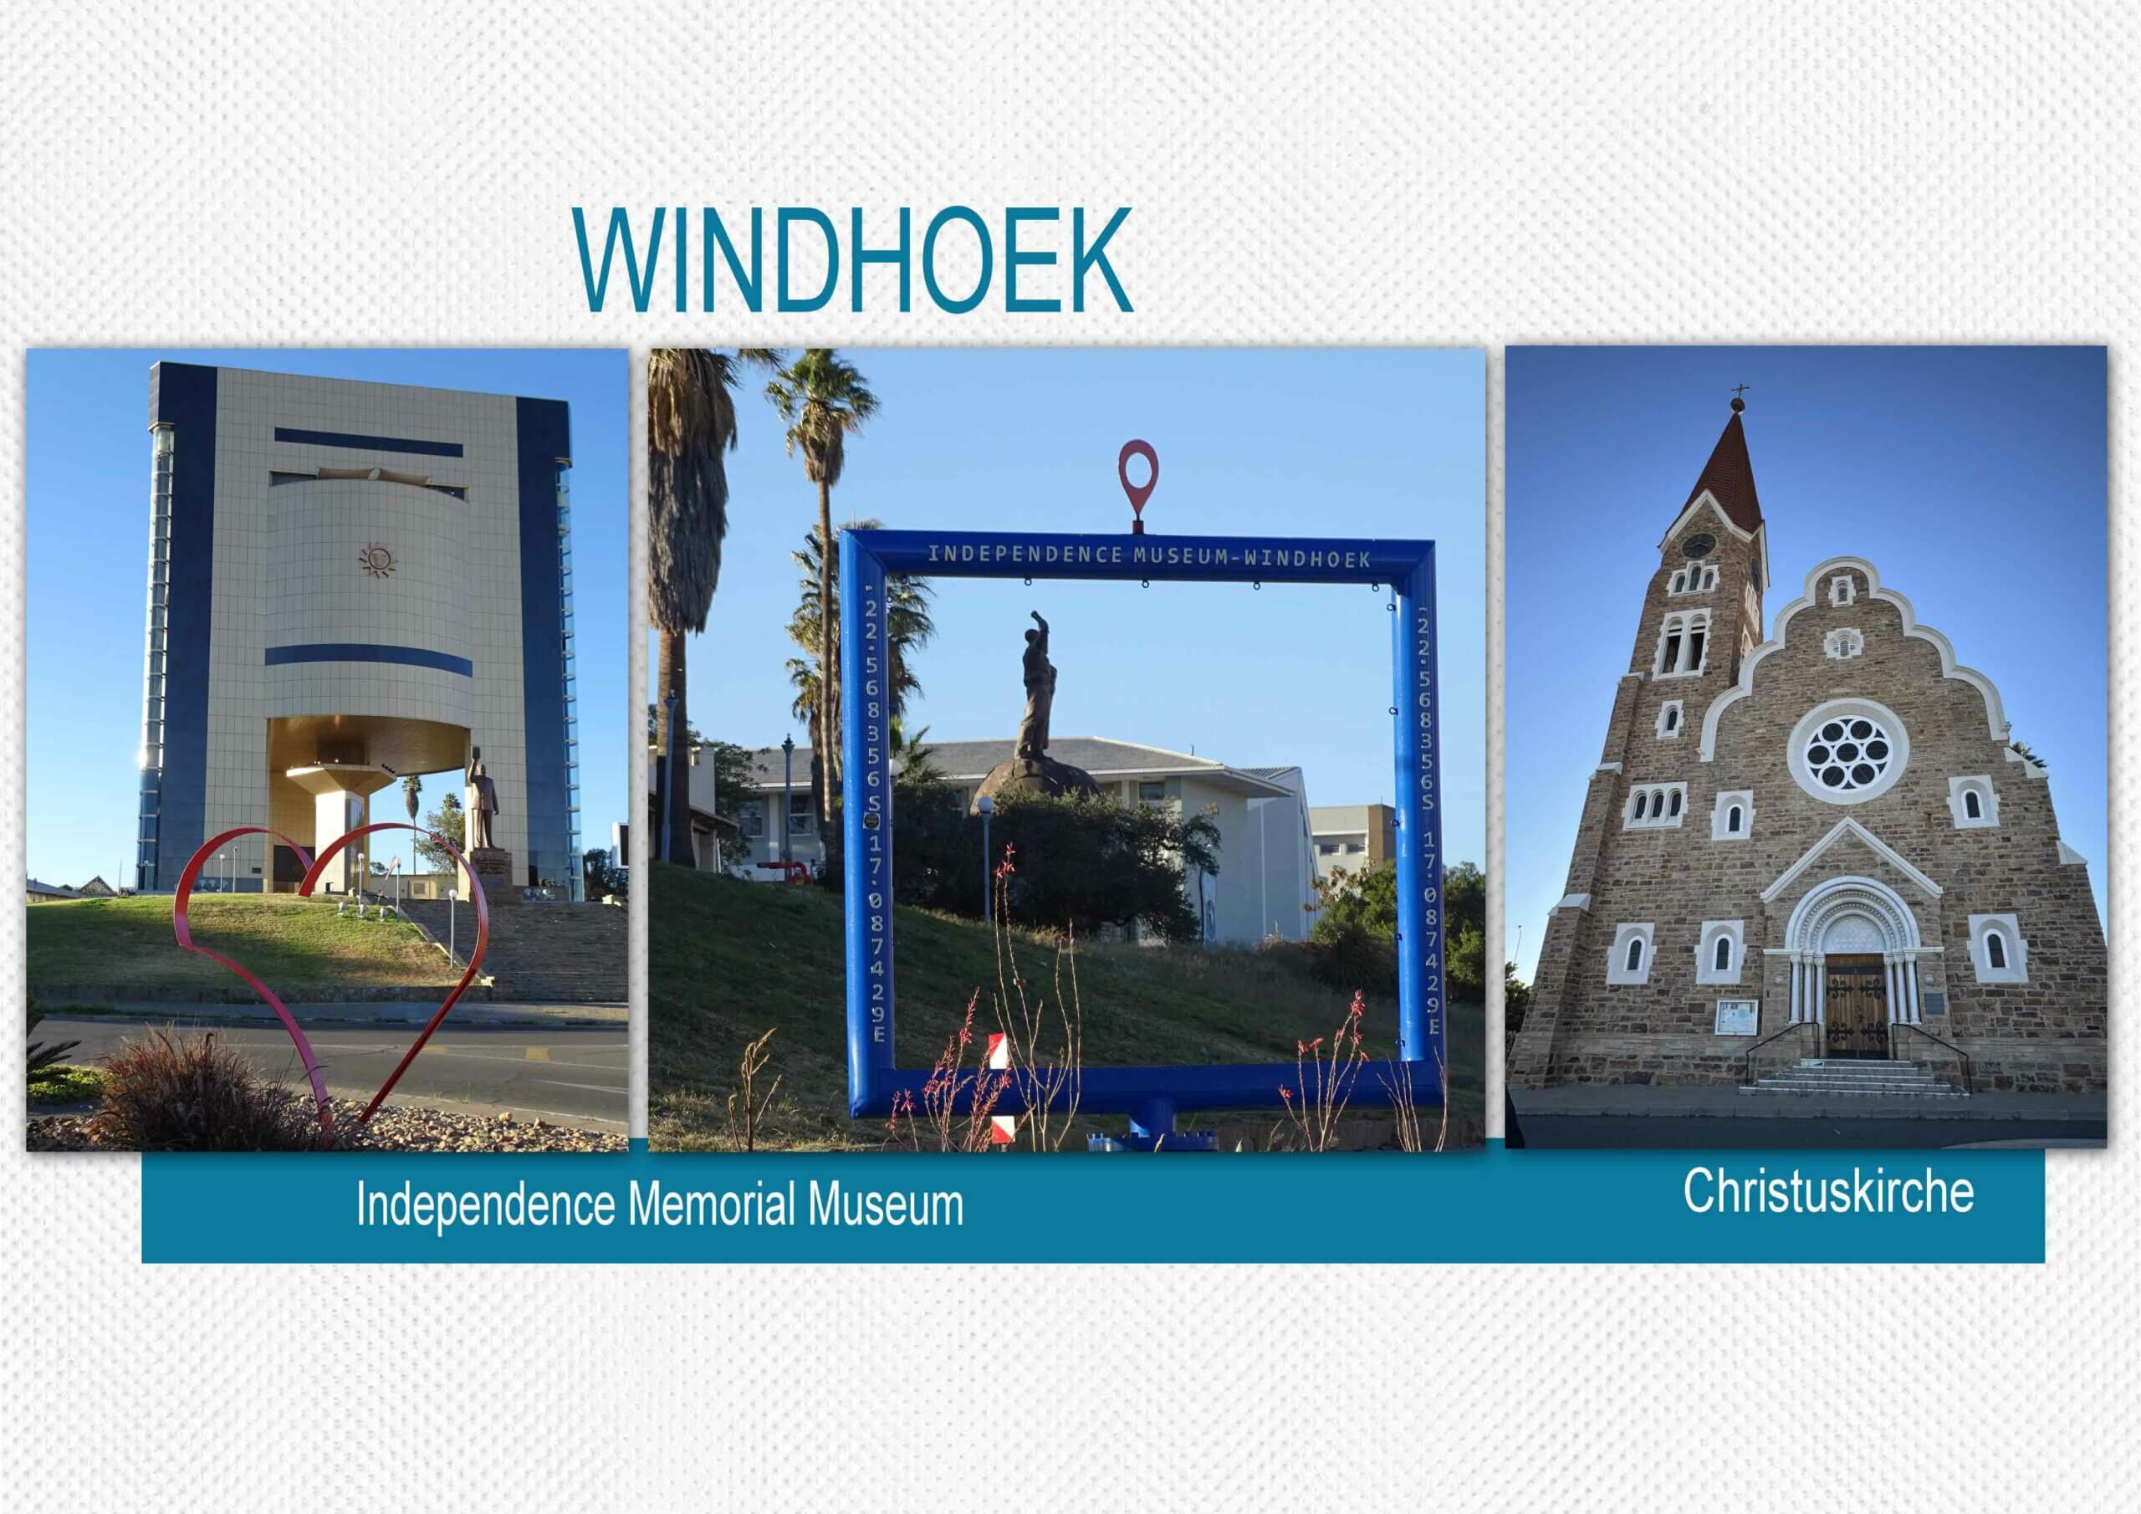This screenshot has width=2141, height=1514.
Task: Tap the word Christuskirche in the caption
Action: click(1827, 1191)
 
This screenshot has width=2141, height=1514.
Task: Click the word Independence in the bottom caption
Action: click(485, 1205)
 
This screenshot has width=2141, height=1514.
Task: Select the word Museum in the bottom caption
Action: click(886, 1204)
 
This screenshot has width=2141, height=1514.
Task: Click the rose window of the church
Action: click(1848, 752)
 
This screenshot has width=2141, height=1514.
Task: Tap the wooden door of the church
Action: click(1856, 1005)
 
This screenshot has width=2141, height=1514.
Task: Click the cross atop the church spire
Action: click(1738, 391)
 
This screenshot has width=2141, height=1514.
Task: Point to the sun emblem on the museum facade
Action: click(378, 560)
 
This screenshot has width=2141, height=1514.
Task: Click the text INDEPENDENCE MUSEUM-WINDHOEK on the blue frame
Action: click(1149, 557)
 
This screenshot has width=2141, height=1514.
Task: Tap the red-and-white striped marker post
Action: click(999, 1087)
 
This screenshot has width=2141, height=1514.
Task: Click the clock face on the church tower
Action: click(1698, 545)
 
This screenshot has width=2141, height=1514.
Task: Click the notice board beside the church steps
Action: click(1737, 1018)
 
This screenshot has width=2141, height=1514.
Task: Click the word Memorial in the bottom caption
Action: click(712, 1204)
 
